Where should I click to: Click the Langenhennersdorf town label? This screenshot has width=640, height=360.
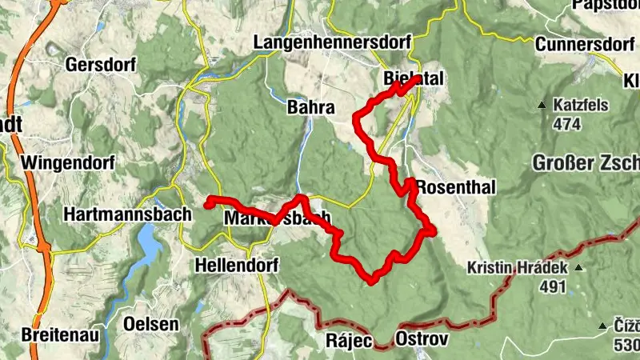pyautogui.click(x=332, y=41)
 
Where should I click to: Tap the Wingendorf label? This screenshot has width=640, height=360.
pyautogui.click(x=67, y=163)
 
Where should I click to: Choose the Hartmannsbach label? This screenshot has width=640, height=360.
pyautogui.click(x=128, y=214)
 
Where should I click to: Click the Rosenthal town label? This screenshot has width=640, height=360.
pyautogui.click(x=456, y=187)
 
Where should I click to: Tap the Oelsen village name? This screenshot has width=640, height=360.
pyautogui.click(x=151, y=324)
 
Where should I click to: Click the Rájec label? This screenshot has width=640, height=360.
pyautogui.click(x=349, y=340)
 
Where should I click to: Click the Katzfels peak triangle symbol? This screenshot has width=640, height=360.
pyautogui.click(x=542, y=105)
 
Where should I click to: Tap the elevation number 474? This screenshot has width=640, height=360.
pyautogui.click(x=566, y=124)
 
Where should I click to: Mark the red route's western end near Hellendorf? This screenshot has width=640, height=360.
pyautogui.click(x=208, y=204)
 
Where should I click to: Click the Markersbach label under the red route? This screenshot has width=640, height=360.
pyautogui.click(x=276, y=218)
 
